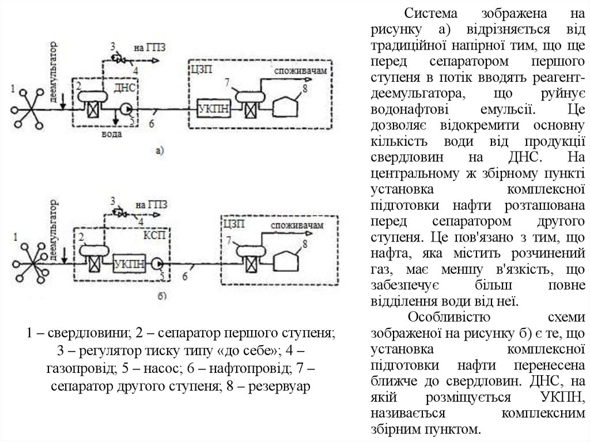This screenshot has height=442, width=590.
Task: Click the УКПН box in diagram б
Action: coord(130,262)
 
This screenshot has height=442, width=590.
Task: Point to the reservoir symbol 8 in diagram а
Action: coord(288,107)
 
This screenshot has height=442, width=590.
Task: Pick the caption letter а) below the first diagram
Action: coord(161,151)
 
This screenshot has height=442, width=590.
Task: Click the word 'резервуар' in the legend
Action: coord(278,385)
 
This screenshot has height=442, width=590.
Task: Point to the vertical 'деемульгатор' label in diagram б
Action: coord(55,231)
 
